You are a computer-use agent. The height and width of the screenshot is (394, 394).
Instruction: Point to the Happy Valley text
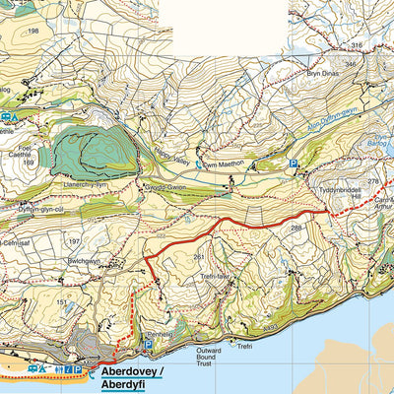click(x=170, y=156)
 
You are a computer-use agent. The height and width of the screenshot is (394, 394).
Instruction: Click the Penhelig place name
click(x=161, y=334)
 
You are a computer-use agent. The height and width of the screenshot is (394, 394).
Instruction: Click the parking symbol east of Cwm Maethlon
click(x=293, y=164)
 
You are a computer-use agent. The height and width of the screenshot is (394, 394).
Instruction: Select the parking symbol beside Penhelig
click(x=149, y=345)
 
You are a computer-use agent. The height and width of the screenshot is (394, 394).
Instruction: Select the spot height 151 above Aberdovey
click(x=62, y=302)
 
